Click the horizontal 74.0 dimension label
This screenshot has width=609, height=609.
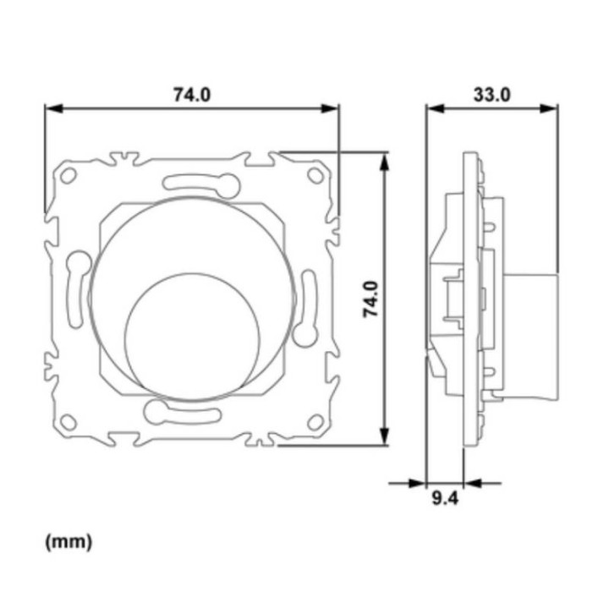coord(192,95)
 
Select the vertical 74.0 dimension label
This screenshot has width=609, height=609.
coord(370,299)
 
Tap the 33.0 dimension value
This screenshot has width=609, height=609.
coord(491,95)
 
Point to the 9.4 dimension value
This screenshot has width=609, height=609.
coord(445,498)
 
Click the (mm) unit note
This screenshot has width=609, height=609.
coord(69,541)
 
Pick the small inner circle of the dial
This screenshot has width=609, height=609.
coord(192,337)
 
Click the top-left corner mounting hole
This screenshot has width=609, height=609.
coord(69,176)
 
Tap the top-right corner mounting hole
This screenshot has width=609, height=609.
coord(315,176)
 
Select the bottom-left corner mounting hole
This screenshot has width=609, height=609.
coord(69,422)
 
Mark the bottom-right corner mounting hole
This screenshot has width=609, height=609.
coord(315,422)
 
